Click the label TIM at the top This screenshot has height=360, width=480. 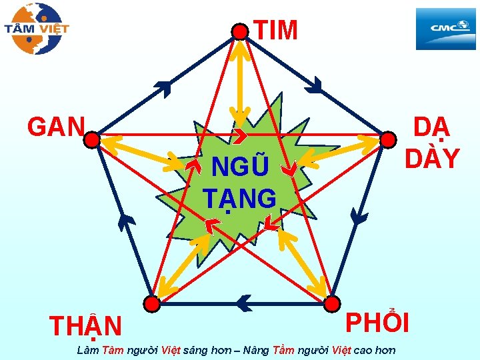coord(275,30)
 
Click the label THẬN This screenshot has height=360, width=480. coord(86,327)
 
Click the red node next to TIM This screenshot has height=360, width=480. coord(239,31)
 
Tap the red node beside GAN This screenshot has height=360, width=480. coord(91,139)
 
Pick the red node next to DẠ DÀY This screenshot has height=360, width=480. coord(387,139)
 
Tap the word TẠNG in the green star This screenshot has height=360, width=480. coord(239,198)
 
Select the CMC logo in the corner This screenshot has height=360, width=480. coord(445,28)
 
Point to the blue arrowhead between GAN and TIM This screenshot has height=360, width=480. coord(163,86)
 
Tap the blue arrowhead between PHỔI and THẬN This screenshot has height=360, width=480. coord(244,304)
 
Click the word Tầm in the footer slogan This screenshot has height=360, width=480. coord(282,350)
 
